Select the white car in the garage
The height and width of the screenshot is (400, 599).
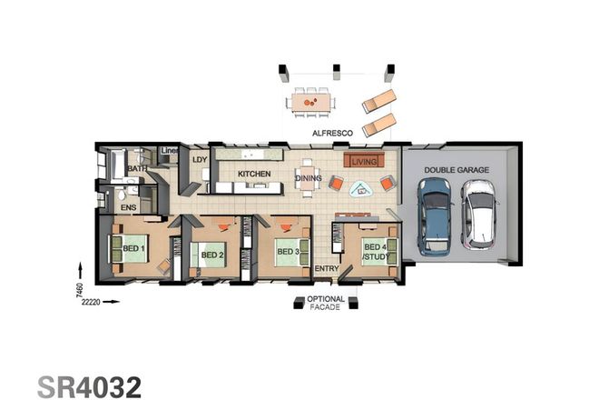(x=477, y=215)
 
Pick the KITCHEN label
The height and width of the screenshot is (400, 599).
(x=254, y=173)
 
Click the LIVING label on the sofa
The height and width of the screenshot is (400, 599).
(x=363, y=161)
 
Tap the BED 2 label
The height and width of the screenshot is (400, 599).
(x=212, y=255)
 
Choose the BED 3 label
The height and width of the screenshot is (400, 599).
(x=288, y=251)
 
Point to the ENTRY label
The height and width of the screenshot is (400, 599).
(x=326, y=270)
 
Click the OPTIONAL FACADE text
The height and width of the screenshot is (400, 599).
(x=326, y=304)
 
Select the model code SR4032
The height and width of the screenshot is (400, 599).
(x=89, y=384)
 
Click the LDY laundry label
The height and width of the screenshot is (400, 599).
(x=199, y=160)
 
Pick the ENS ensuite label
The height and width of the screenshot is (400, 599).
(x=129, y=208)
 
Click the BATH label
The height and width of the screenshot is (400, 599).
(x=137, y=168)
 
